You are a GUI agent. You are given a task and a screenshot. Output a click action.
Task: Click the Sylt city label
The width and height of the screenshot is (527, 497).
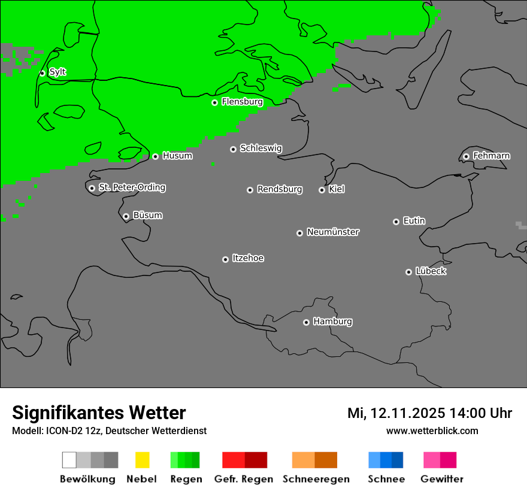coord(57,72)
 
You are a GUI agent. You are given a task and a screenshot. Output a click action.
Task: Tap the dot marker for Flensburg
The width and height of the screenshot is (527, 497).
coord(214,102)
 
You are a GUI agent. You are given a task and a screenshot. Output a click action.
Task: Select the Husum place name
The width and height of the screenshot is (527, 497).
coord(177,156)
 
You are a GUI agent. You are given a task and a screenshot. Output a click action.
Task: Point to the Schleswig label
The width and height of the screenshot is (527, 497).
coord(261,148)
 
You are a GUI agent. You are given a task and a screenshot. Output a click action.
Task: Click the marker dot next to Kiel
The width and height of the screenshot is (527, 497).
coord(322,190)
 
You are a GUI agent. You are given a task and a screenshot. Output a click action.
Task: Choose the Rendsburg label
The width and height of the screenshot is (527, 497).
coord(279,189)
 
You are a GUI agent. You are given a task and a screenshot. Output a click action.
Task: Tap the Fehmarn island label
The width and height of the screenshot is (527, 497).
coord(491,156)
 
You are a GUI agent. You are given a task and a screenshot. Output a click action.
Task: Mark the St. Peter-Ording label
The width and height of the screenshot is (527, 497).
coord(132,187)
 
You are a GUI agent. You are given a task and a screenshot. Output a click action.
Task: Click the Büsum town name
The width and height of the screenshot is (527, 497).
coord(147,215)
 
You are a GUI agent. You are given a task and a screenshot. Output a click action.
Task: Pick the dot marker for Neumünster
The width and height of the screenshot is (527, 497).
coord(299,233)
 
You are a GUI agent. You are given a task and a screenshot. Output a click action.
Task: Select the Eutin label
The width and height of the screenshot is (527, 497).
coord(414,221)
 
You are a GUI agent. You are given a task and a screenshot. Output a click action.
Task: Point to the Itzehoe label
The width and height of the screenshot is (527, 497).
coord(248,258)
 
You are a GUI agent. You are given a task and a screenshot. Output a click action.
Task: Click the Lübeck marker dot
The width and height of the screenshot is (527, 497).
coord(408,272)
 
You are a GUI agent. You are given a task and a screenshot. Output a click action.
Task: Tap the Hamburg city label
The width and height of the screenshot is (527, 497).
coord(332,322)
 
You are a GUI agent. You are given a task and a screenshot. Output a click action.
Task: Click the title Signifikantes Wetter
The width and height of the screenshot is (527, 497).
coord(99,413)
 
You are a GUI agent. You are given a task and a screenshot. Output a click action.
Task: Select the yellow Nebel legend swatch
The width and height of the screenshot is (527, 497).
coord(142,460)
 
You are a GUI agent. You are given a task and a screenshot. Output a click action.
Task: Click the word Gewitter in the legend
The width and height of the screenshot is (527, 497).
coord(441,479)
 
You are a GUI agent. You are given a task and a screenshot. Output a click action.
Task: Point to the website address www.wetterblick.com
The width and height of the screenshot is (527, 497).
coord(432,431)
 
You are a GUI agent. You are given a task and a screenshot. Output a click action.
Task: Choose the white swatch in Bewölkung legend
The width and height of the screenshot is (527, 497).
coord(69,460)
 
